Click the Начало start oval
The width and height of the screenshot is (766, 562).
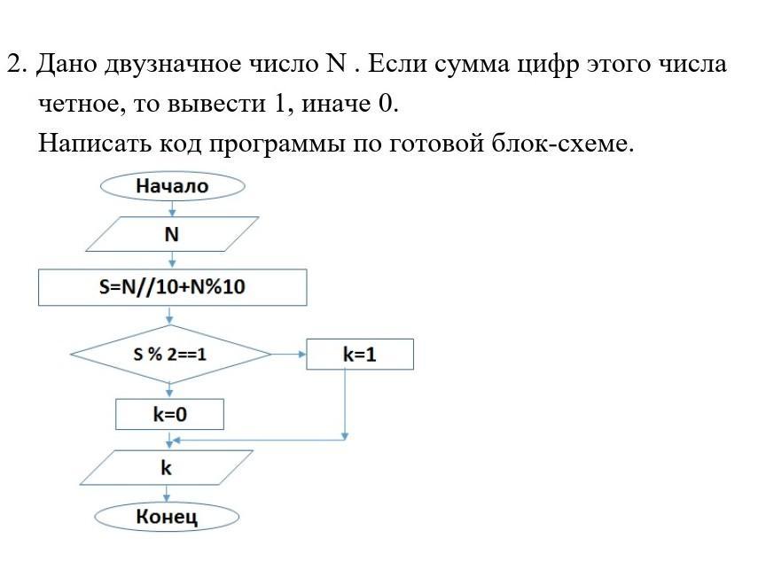click(172, 186)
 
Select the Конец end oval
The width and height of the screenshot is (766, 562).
click(167, 517)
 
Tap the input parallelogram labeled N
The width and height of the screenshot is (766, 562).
click(172, 234)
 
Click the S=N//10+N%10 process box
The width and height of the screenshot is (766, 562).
click(172, 288)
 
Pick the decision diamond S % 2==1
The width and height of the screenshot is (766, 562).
click(170, 355)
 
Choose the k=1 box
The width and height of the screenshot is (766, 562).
click(359, 355)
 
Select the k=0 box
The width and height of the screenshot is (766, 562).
click(169, 414)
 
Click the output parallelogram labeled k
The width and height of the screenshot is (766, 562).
click(167, 467)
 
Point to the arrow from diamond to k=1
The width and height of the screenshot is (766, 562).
click(288, 355)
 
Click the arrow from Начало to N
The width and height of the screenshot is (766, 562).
click(172, 208)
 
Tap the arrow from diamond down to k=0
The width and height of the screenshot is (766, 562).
click(170, 390)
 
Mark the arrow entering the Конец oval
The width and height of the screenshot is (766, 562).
click(167, 494)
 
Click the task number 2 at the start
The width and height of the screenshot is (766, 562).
click(15, 65)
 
